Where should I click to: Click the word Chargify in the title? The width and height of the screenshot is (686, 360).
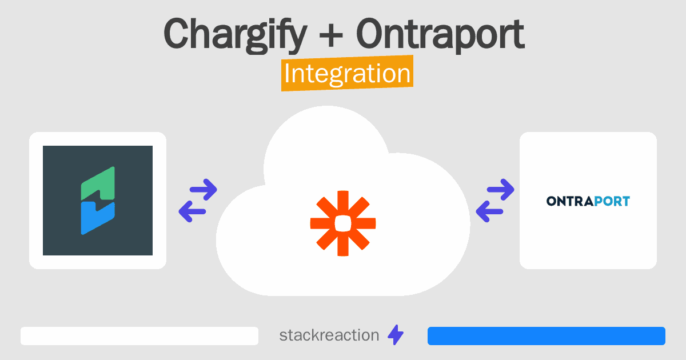pyautogui.click(x=235, y=35)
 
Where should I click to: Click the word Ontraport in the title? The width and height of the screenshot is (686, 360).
pyautogui.click(x=440, y=35)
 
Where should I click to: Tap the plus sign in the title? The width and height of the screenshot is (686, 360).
pyautogui.click(x=331, y=35)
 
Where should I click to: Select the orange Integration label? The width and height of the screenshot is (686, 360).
pyautogui.click(x=348, y=73)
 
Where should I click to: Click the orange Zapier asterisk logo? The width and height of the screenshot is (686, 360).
pyautogui.click(x=343, y=223)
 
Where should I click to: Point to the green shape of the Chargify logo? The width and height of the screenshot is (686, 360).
pyautogui.click(x=98, y=183)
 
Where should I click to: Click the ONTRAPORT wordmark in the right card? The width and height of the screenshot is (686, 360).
pyautogui.click(x=588, y=201)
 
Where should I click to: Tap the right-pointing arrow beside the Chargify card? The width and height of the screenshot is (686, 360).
pyautogui.click(x=204, y=190)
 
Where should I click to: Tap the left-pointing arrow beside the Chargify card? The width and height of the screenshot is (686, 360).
pyautogui.click(x=192, y=211)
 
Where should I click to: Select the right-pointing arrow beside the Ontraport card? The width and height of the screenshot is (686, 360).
pyautogui.click(x=501, y=190)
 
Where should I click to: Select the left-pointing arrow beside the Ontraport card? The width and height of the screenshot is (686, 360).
pyautogui.click(x=489, y=211)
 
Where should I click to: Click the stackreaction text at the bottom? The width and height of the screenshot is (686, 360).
pyautogui.click(x=329, y=335)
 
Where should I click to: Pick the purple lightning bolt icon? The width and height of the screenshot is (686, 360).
pyautogui.click(x=396, y=335)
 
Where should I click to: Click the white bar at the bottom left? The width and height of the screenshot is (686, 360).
pyautogui.click(x=139, y=336)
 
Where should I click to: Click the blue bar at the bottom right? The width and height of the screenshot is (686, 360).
pyautogui.click(x=547, y=336)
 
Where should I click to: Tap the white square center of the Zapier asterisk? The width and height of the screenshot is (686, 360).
pyautogui.click(x=343, y=223)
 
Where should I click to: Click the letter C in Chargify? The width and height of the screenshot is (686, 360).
pyautogui.click(x=177, y=33)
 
